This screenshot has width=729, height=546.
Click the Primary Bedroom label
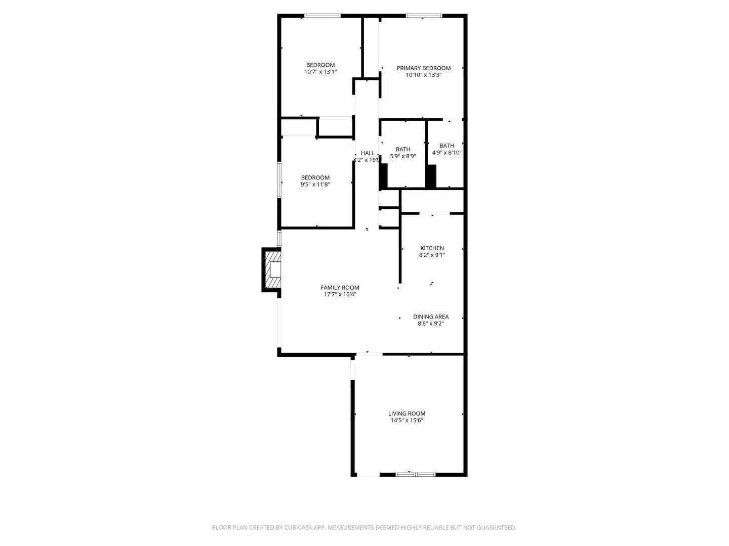tap(423, 68)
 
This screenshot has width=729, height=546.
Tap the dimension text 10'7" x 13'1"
tap(320, 72)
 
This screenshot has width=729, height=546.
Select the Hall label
tap(368, 153)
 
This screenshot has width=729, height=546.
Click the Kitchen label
tap(432, 248)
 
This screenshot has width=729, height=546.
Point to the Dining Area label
tap(430, 317)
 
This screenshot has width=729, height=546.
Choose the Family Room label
tap(340, 288)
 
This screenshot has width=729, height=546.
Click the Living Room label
tap(407, 414)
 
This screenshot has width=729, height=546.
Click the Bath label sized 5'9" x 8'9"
tap(403, 149)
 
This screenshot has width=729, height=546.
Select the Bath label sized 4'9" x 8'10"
tap(447, 146)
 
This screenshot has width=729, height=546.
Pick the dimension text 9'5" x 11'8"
tap(315, 185)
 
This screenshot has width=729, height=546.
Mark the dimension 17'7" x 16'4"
tap(340, 294)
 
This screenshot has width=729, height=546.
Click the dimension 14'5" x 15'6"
tap(407, 420)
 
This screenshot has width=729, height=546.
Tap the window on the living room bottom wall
tap(415, 474)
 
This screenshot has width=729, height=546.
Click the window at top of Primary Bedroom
tap(424, 16)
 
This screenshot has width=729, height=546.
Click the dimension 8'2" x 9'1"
tap(432, 255)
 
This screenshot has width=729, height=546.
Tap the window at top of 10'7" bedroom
tap(321, 16)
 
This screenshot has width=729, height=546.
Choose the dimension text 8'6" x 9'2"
tap(430, 324)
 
